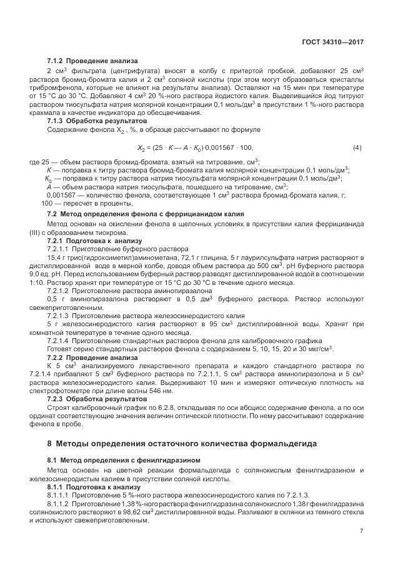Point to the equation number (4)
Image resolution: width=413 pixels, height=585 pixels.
357,147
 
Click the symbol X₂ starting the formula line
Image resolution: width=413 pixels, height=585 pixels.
141,148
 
